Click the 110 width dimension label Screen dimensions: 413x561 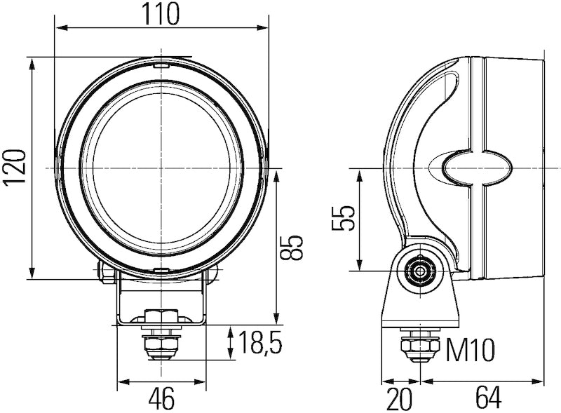[162, 13]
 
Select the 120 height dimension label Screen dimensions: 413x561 [15, 168]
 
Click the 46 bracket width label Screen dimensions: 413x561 [161, 399]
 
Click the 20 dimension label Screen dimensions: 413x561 [400, 399]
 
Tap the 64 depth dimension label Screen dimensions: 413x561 [488, 399]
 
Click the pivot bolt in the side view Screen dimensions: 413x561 [421, 271]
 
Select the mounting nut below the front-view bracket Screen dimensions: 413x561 [161, 344]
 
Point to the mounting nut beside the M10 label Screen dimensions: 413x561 [419, 348]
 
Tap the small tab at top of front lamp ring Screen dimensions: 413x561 [161, 66]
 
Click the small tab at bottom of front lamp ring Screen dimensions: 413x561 [161, 271]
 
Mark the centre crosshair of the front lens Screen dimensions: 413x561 [161, 168]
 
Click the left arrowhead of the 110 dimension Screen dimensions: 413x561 [59, 29]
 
